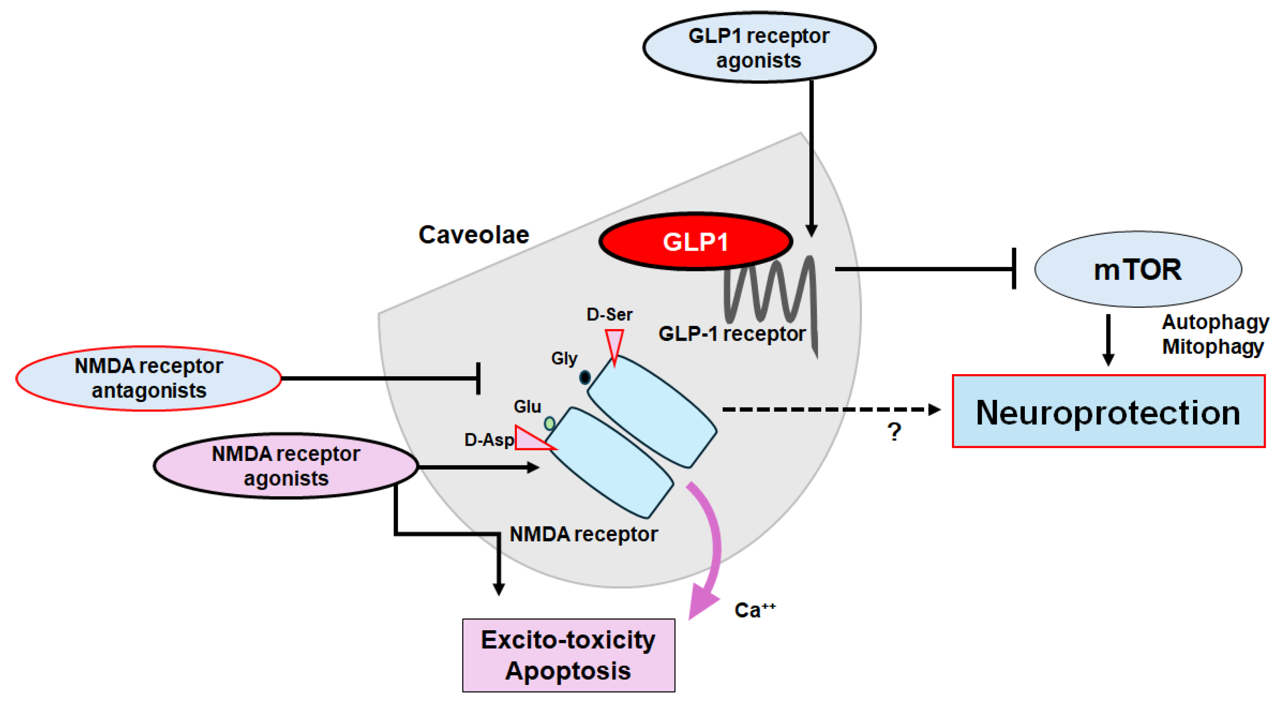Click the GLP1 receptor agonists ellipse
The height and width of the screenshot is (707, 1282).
pyautogui.click(x=759, y=47)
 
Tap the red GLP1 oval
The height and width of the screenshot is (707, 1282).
pyautogui.click(x=695, y=242)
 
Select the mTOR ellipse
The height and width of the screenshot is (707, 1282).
pyautogui.click(x=1138, y=269)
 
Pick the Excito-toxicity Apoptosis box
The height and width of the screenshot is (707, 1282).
pyautogui.click(x=568, y=655)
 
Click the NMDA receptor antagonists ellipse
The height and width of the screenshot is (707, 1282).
pyautogui.click(x=149, y=378)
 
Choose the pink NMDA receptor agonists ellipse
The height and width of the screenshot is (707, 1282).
pyautogui.click(x=286, y=466)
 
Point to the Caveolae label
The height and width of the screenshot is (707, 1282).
pyautogui.click(x=474, y=235)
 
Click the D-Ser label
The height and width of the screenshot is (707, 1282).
pyautogui.click(x=609, y=314)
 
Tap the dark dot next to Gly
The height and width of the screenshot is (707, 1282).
pyautogui.click(x=585, y=378)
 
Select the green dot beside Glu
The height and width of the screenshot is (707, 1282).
pyautogui.click(x=549, y=423)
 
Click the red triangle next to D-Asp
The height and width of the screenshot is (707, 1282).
pyautogui.click(x=532, y=439)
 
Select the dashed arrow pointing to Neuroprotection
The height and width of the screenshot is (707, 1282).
pyautogui.click(x=831, y=410)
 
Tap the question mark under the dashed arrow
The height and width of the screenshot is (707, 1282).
pyautogui.click(x=894, y=432)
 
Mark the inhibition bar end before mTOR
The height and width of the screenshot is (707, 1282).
pyautogui.click(x=1014, y=269)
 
